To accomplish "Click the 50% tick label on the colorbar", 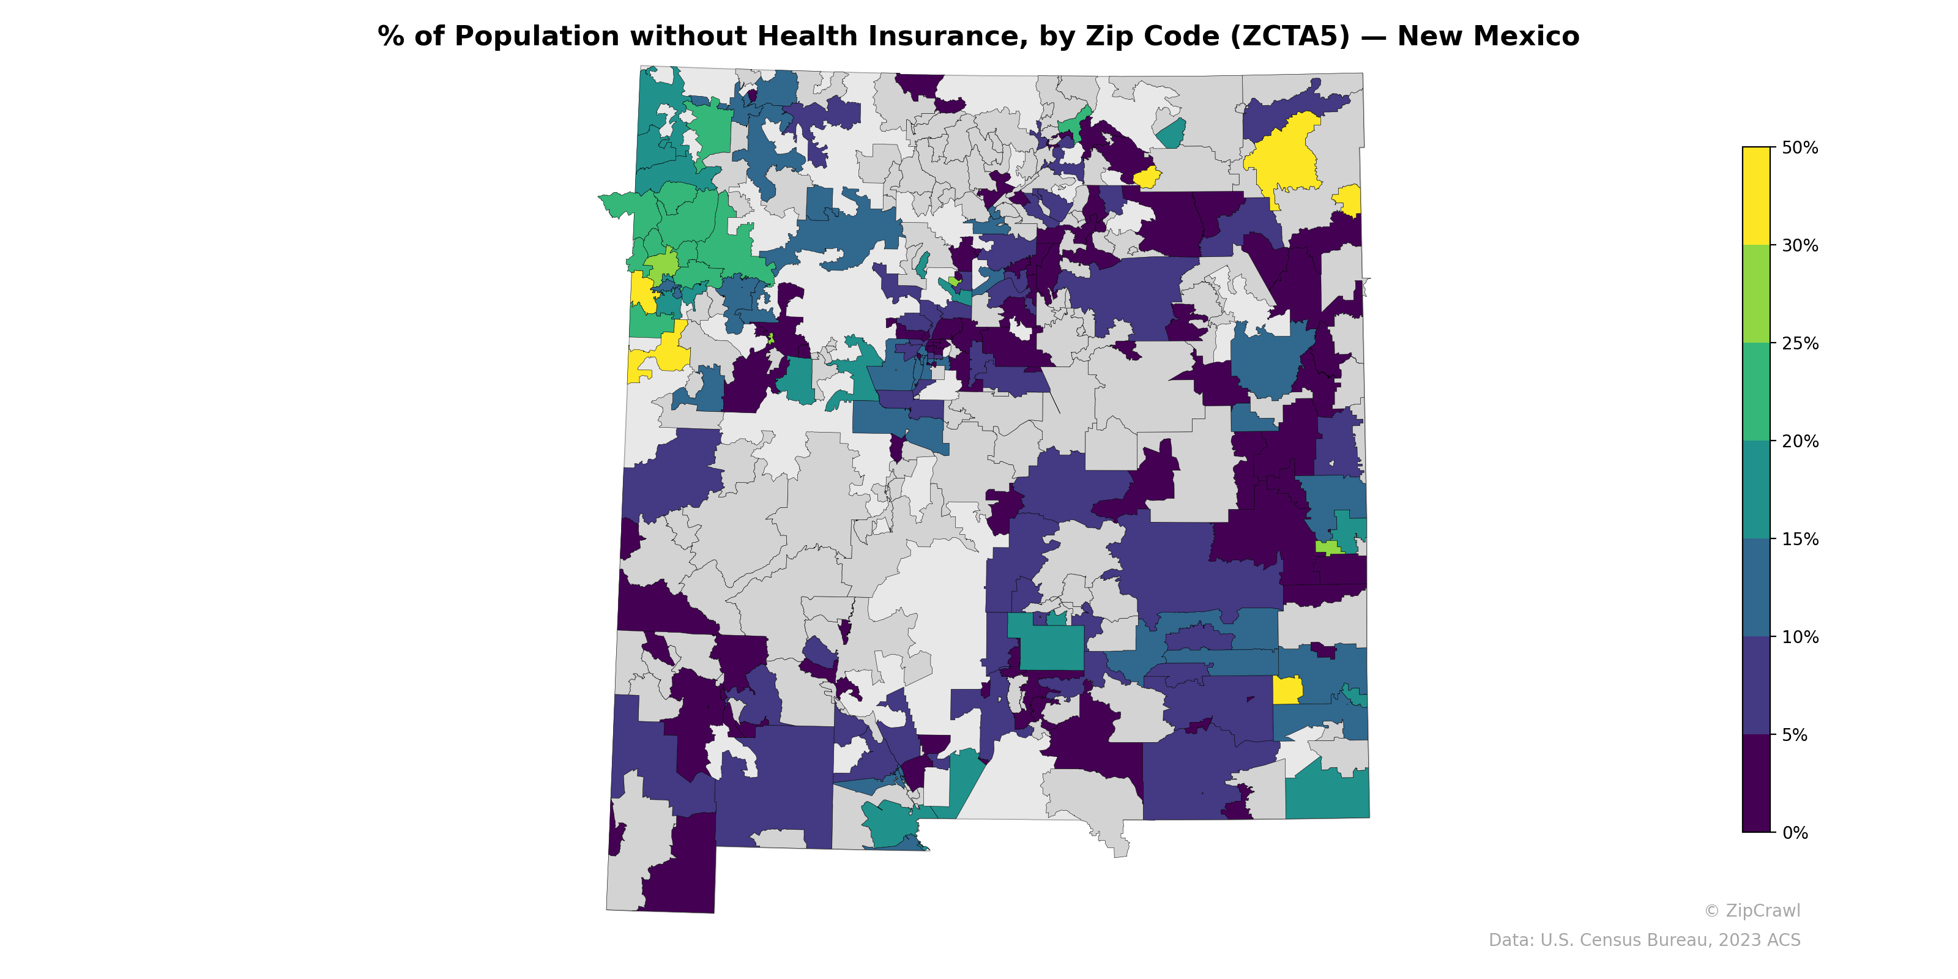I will [1799, 147].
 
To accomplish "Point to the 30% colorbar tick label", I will [1799, 245].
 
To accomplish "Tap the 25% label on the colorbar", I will [1799, 343].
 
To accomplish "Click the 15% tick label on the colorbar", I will [1799, 540].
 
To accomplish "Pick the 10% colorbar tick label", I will [1799, 637].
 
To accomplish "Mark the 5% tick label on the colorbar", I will [1794, 735].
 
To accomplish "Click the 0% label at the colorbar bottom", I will [1794, 833].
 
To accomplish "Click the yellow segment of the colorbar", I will [1756, 195].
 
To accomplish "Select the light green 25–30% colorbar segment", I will [1756, 294].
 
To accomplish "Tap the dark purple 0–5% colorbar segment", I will [1756, 783].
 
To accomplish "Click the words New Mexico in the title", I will [1487, 37].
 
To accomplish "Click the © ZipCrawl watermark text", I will [1752, 910].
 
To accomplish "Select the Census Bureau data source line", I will [1644, 940].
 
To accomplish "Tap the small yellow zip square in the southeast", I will [1286, 690].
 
